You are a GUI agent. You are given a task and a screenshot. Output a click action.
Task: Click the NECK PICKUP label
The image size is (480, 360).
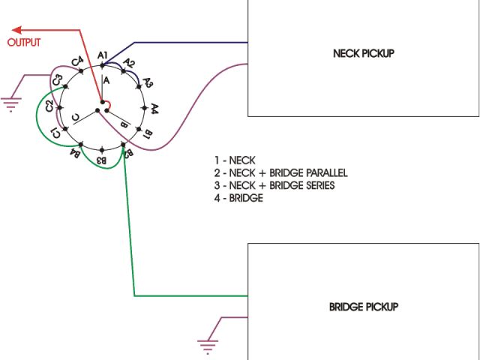click(x=363, y=53)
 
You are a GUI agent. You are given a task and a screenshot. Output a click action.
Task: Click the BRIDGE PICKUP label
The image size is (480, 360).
click(x=363, y=307)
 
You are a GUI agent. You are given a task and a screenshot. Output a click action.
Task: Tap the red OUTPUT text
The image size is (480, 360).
click(x=24, y=43)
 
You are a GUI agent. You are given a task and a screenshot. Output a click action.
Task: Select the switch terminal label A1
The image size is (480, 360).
click(x=103, y=54)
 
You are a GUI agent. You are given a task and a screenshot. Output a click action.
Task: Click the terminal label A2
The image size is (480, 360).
click(x=128, y=63)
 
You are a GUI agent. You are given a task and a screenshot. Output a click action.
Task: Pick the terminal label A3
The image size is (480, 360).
click(x=147, y=82)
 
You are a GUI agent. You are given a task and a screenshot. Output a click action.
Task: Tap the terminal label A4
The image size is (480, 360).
click(x=154, y=109)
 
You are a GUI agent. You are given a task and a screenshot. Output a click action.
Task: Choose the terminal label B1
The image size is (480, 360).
click(x=147, y=135)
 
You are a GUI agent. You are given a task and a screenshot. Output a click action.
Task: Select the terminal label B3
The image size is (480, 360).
click(x=103, y=160)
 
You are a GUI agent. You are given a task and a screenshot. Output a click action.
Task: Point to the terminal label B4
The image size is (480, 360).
click(x=76, y=154)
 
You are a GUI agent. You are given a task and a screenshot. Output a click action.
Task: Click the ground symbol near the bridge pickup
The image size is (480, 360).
click(x=208, y=346)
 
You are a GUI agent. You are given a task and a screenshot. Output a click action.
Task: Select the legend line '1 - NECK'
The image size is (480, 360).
click(x=235, y=160)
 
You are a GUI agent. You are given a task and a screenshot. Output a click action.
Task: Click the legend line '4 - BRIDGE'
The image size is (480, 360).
click(x=238, y=198)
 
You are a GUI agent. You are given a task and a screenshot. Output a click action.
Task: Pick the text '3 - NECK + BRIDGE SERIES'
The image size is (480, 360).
click(x=274, y=185)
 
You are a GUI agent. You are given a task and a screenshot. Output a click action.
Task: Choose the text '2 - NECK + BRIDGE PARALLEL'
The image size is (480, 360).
click(x=280, y=172)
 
